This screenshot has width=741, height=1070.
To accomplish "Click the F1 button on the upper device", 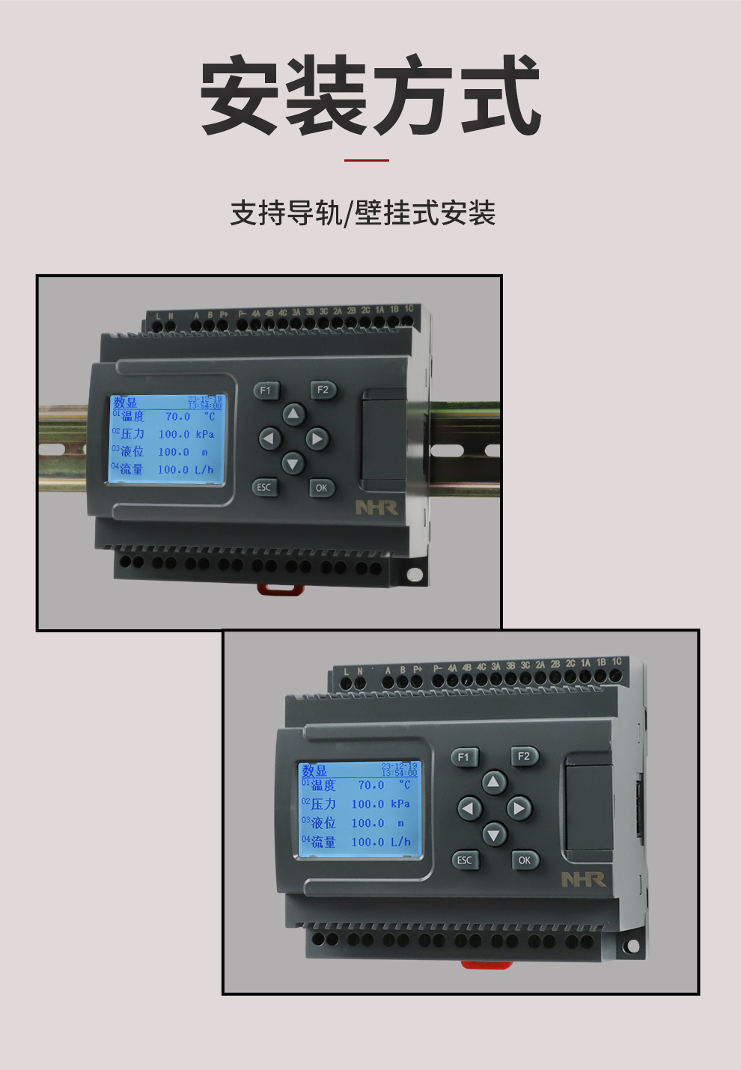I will [x=266, y=390].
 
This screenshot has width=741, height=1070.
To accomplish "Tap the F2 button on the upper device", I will [x=323, y=390].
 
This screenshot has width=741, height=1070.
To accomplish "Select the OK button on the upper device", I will [x=321, y=488].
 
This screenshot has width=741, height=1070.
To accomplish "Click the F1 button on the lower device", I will [x=463, y=757].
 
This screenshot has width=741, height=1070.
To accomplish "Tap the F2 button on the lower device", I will [x=524, y=756].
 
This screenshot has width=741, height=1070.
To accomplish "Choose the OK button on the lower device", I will [x=525, y=860].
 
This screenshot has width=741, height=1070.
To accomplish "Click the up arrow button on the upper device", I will [x=293, y=414].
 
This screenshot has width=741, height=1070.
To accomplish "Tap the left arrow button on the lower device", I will [x=469, y=808].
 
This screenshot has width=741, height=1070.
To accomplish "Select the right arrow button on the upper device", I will [x=317, y=438].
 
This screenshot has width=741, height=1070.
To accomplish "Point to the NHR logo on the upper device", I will [x=376, y=507].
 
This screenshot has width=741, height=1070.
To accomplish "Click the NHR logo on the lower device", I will [x=583, y=879].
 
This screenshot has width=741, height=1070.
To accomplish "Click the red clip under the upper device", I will [x=280, y=590].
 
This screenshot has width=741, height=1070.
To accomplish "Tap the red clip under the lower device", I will [x=487, y=964].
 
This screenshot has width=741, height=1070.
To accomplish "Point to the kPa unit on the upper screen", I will [x=205, y=434].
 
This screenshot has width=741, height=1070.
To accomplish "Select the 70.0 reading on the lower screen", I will [x=370, y=785].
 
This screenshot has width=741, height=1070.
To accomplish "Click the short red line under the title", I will [x=367, y=160].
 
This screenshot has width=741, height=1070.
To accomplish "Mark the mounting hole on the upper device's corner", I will [x=414, y=575].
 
